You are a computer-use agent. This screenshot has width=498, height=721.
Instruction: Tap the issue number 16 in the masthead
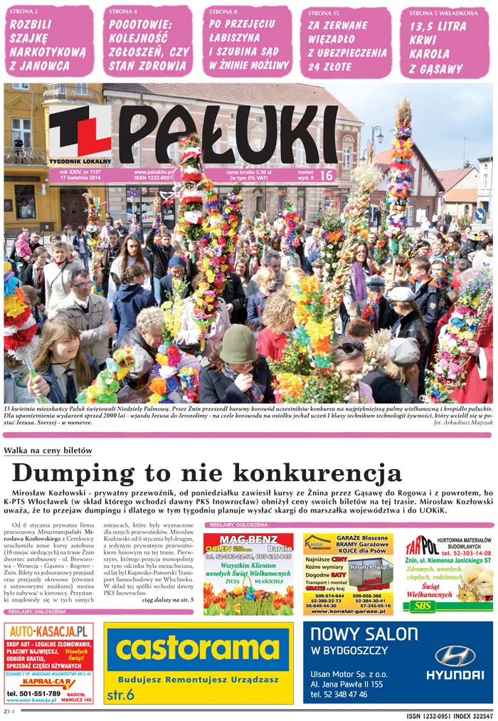coord(326,175)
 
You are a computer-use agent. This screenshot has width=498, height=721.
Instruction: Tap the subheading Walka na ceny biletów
coord(48,451)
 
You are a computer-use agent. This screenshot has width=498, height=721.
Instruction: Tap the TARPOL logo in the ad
coord(421,545)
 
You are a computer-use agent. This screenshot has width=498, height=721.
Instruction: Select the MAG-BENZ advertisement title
coord(248,540)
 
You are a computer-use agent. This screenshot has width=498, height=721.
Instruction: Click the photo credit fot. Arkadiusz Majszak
coord(462,423)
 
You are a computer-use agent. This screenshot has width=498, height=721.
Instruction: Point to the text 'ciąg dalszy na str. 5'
coord(167,600)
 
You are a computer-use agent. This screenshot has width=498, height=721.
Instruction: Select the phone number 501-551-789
coord(34,693)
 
